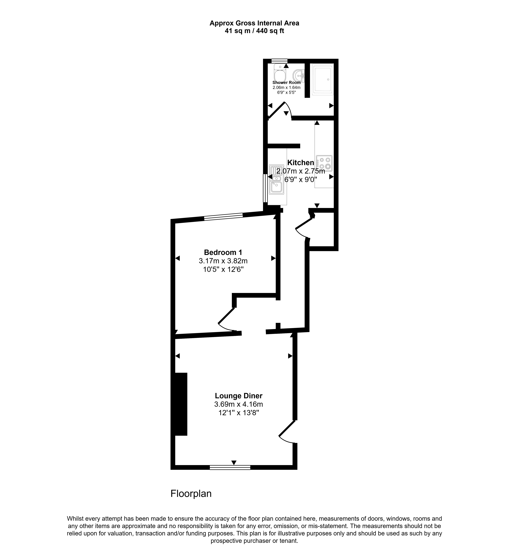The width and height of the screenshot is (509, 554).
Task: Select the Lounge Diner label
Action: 238,396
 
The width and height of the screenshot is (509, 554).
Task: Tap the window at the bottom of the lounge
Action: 230,467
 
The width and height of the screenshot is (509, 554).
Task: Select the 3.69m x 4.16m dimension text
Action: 238,404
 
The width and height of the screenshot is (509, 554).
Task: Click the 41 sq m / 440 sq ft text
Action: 254,31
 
